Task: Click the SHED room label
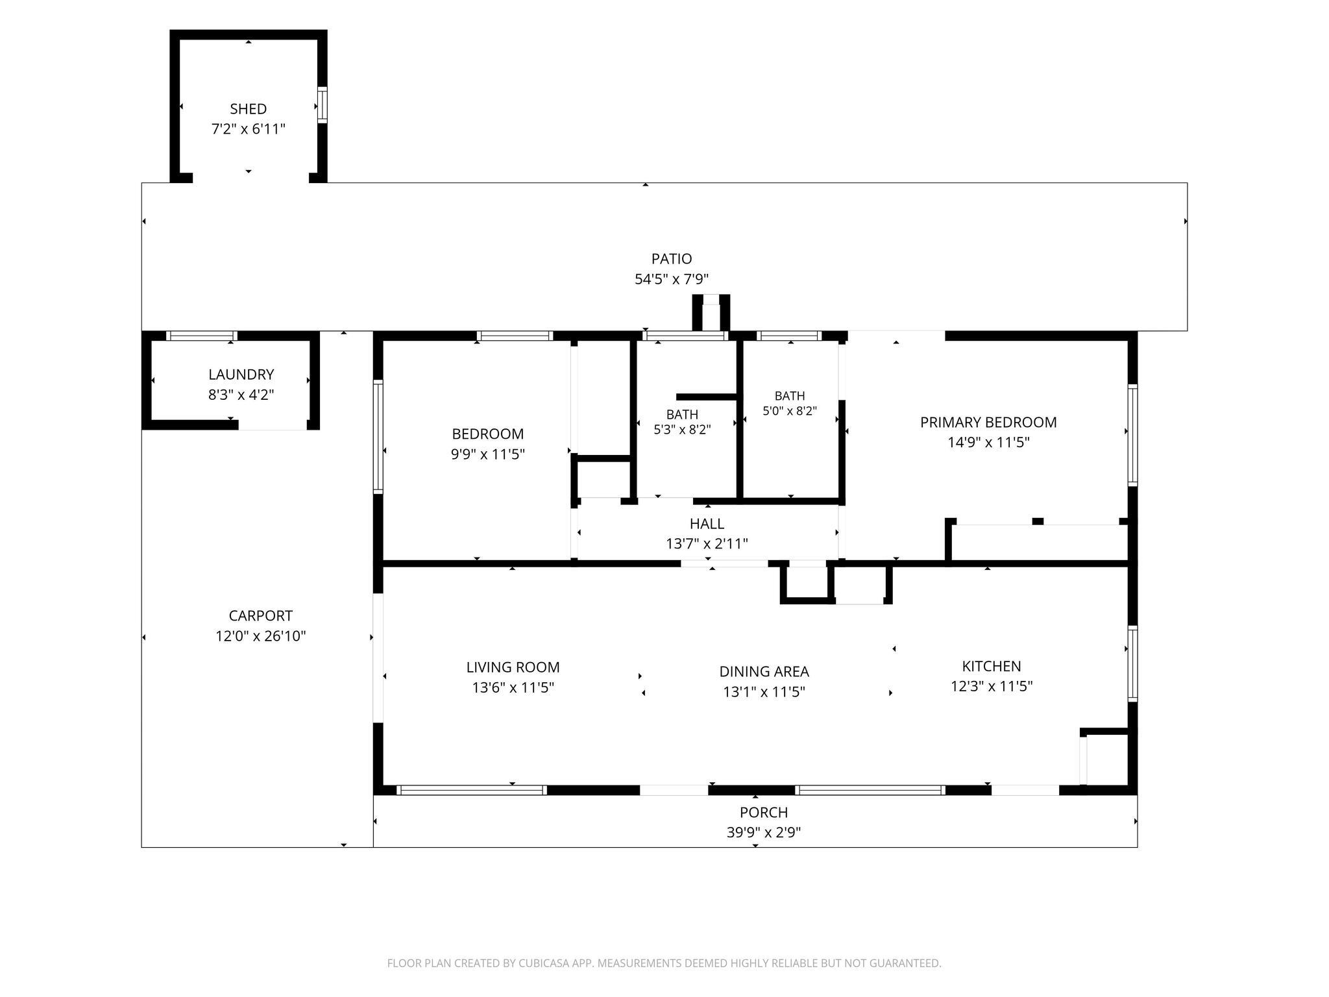(x=248, y=109)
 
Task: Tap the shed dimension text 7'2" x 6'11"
(x=249, y=129)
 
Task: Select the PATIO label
(x=672, y=259)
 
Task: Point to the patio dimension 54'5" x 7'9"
(x=672, y=279)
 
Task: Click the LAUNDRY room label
(x=241, y=375)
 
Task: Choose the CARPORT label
(x=261, y=615)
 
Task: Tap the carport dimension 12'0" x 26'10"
(x=261, y=636)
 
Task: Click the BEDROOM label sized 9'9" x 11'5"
(x=488, y=434)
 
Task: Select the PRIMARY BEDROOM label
(x=988, y=423)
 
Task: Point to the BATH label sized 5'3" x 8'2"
(x=682, y=414)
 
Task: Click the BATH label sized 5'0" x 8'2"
(x=790, y=396)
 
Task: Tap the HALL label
(x=707, y=524)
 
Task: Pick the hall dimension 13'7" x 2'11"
(x=707, y=544)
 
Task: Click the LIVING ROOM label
(x=513, y=667)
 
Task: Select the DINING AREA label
(x=764, y=672)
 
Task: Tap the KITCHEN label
(x=992, y=666)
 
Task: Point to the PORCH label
(x=764, y=813)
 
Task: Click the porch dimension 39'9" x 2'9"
(x=764, y=833)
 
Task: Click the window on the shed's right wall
(x=322, y=105)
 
